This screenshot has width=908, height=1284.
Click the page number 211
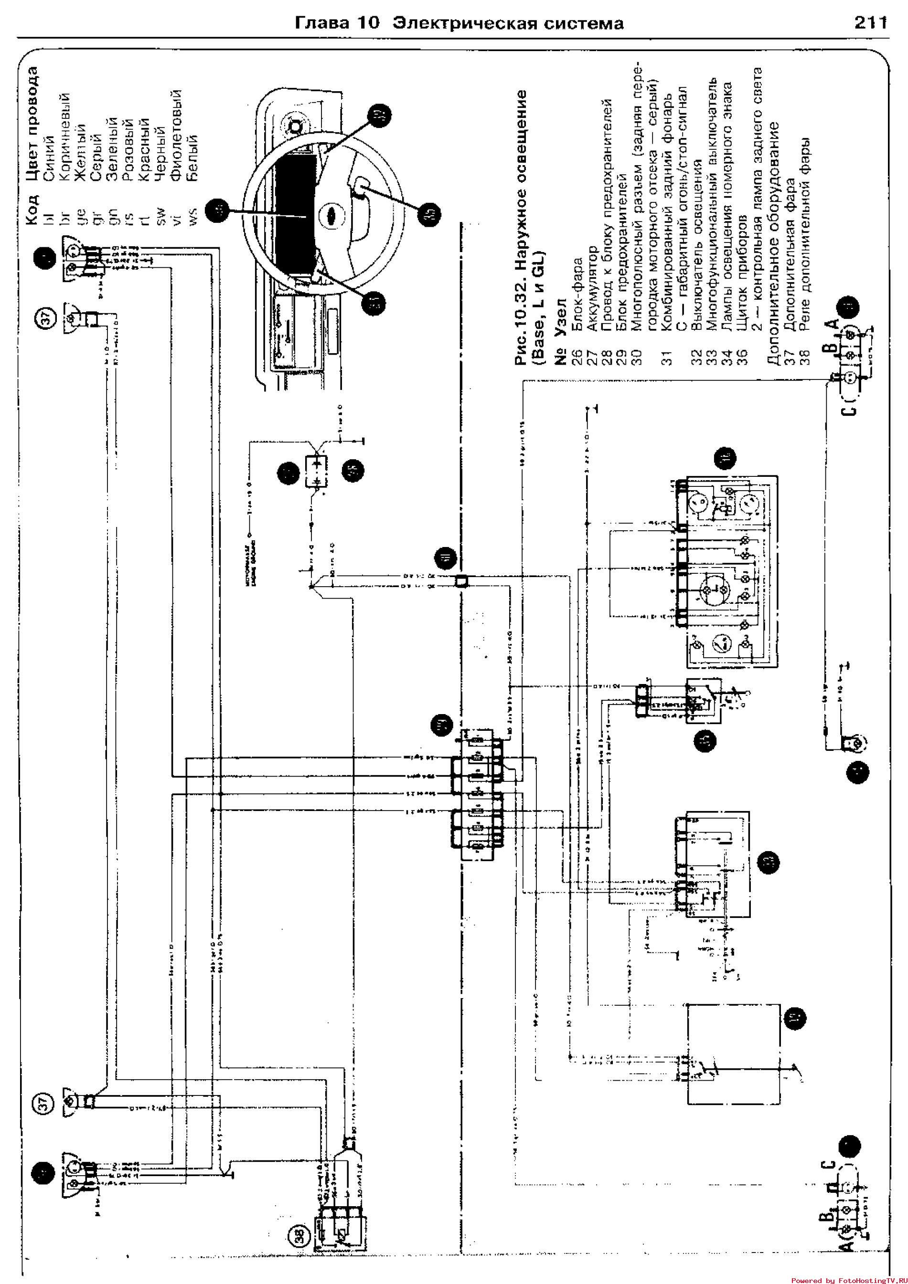pyautogui.click(x=870, y=23)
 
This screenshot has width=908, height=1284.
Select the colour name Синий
pyautogui.click(x=49, y=158)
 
